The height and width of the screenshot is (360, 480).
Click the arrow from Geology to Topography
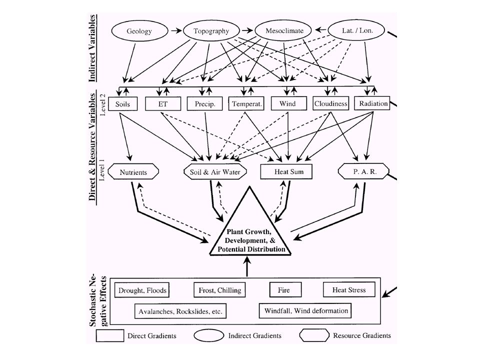(176, 30)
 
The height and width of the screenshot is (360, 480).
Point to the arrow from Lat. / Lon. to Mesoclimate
(320, 29)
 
